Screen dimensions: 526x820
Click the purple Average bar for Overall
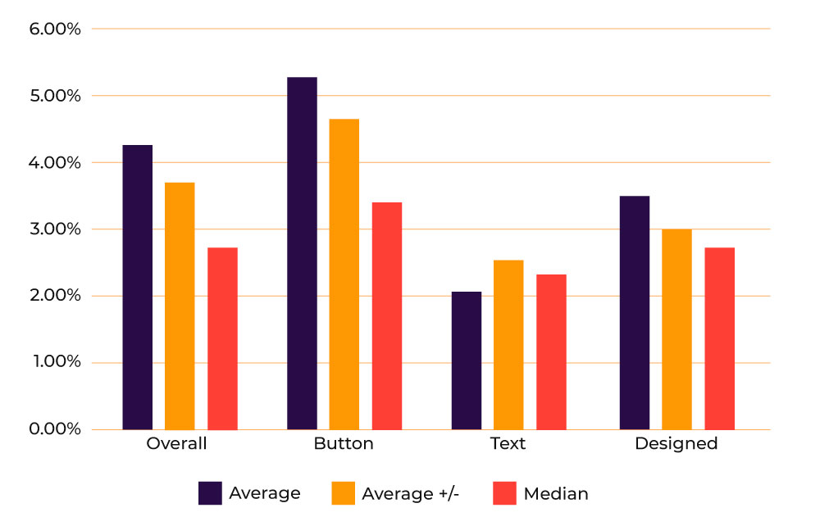click(x=138, y=287)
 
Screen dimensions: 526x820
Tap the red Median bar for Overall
click(x=222, y=338)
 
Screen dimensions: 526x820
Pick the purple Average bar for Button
click(x=302, y=253)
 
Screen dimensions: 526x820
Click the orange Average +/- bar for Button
click(x=344, y=274)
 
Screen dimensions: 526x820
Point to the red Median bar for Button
click(x=387, y=315)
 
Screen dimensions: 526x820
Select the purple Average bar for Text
click(x=467, y=360)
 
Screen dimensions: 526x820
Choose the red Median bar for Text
click(x=551, y=351)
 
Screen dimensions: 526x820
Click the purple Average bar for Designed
click(x=635, y=312)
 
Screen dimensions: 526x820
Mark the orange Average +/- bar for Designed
click(x=676, y=329)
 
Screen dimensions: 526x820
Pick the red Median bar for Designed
click(x=719, y=338)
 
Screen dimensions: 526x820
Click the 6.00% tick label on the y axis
click(x=54, y=29)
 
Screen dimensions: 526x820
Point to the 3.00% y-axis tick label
click(x=54, y=229)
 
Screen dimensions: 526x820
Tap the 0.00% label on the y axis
click(x=54, y=429)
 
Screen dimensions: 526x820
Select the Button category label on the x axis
click(x=344, y=444)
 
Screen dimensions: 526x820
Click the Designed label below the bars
click(x=676, y=444)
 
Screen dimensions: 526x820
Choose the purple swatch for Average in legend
click(x=211, y=493)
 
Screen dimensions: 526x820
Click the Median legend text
click(x=556, y=493)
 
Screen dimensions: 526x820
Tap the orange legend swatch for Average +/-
click(x=343, y=493)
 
